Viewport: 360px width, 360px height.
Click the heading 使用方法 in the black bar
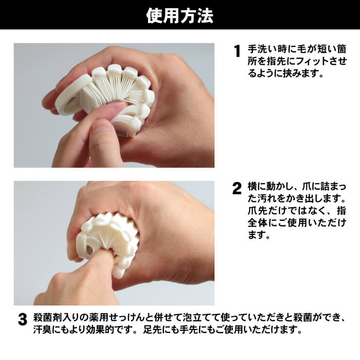point(180,16)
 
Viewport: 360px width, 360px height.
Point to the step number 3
point(22,320)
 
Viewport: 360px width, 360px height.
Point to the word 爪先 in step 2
point(258,212)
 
